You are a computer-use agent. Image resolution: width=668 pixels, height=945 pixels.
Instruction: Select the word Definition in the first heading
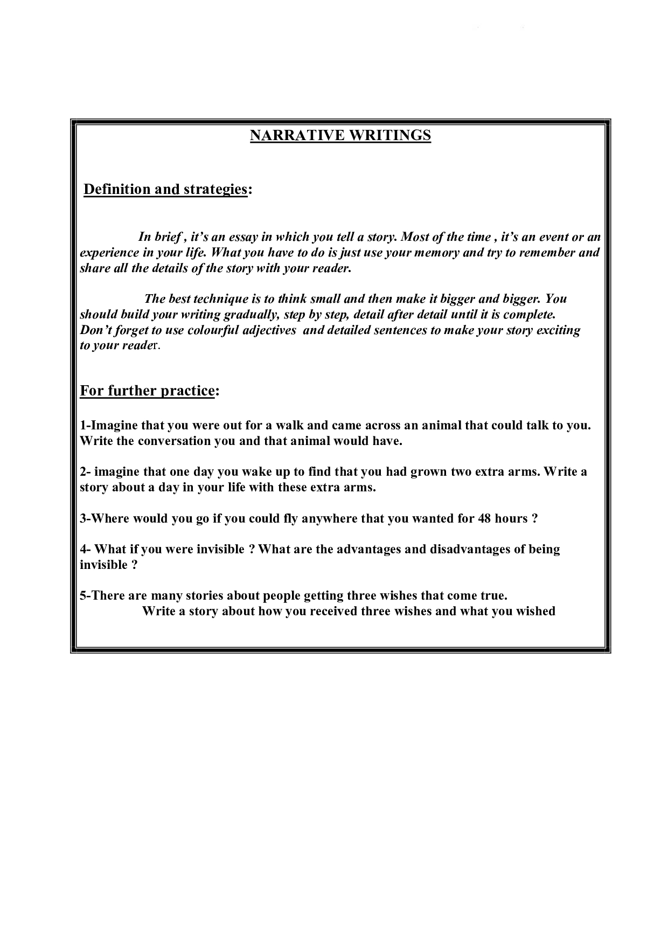click(116, 189)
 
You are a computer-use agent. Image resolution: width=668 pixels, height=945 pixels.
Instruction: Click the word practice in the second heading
click(185, 391)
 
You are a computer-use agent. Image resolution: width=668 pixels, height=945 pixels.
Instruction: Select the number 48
click(484, 519)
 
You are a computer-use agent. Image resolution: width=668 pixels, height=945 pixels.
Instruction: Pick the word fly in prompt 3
click(289, 519)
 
